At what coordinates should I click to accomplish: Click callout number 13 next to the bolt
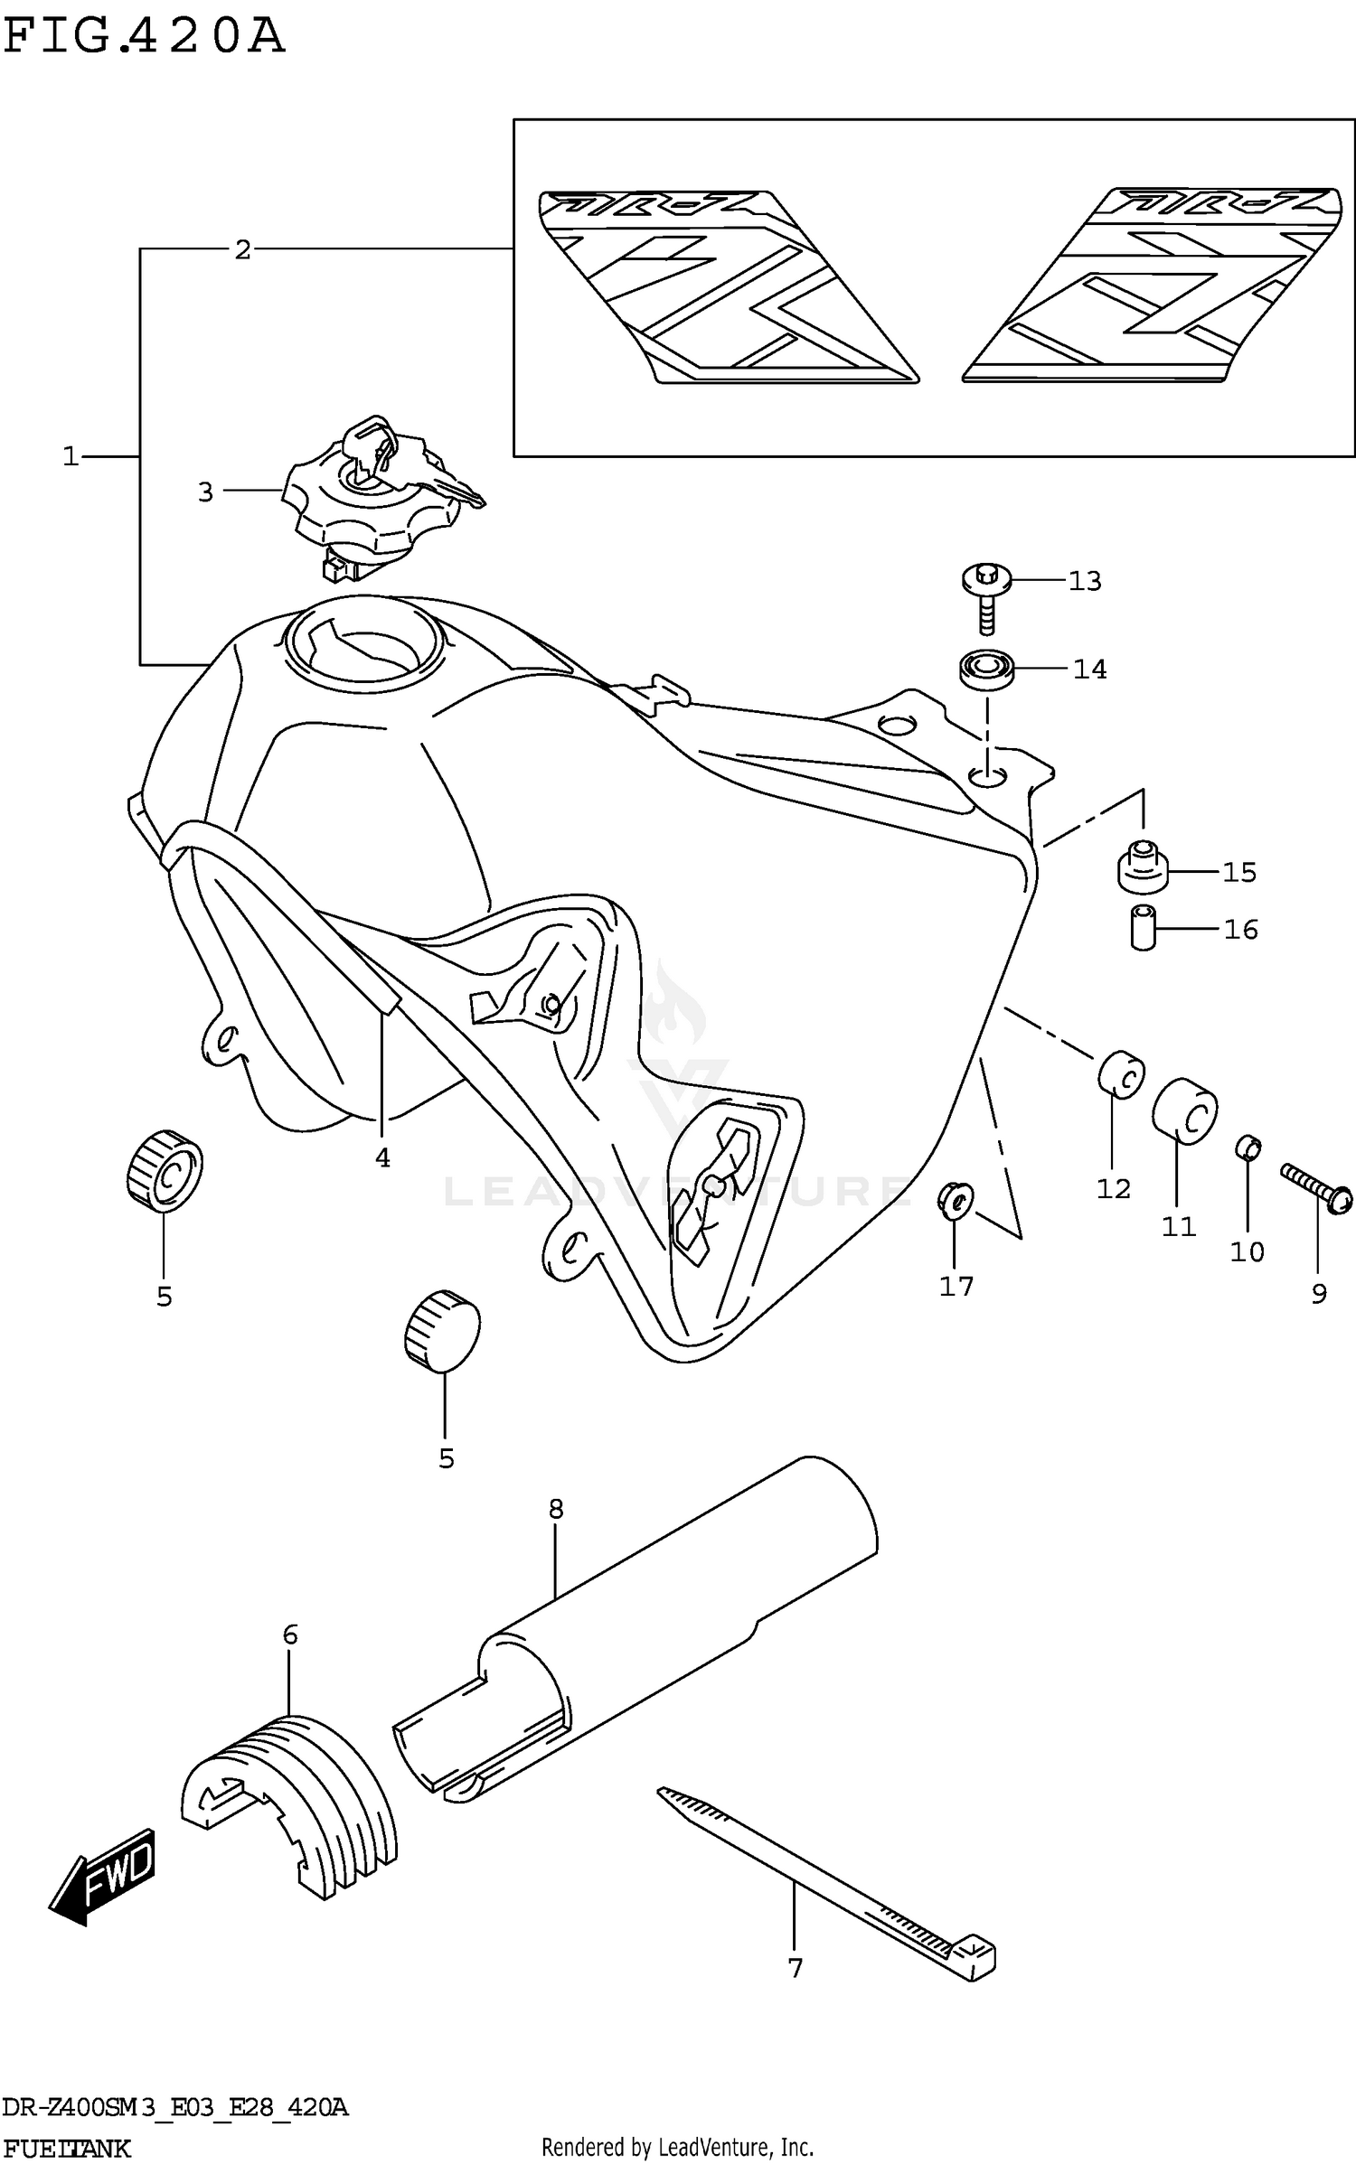(x=1085, y=581)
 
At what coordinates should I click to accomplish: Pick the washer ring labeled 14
(x=986, y=670)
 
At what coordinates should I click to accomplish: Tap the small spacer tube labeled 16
(x=1144, y=928)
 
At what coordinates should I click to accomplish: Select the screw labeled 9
(x=1317, y=1187)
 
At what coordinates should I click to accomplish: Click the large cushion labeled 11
(x=1184, y=1110)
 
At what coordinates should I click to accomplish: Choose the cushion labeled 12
(x=1121, y=1074)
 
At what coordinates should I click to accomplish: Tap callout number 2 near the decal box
(x=242, y=249)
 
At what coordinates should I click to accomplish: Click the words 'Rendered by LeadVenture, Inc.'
(x=677, y=2147)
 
